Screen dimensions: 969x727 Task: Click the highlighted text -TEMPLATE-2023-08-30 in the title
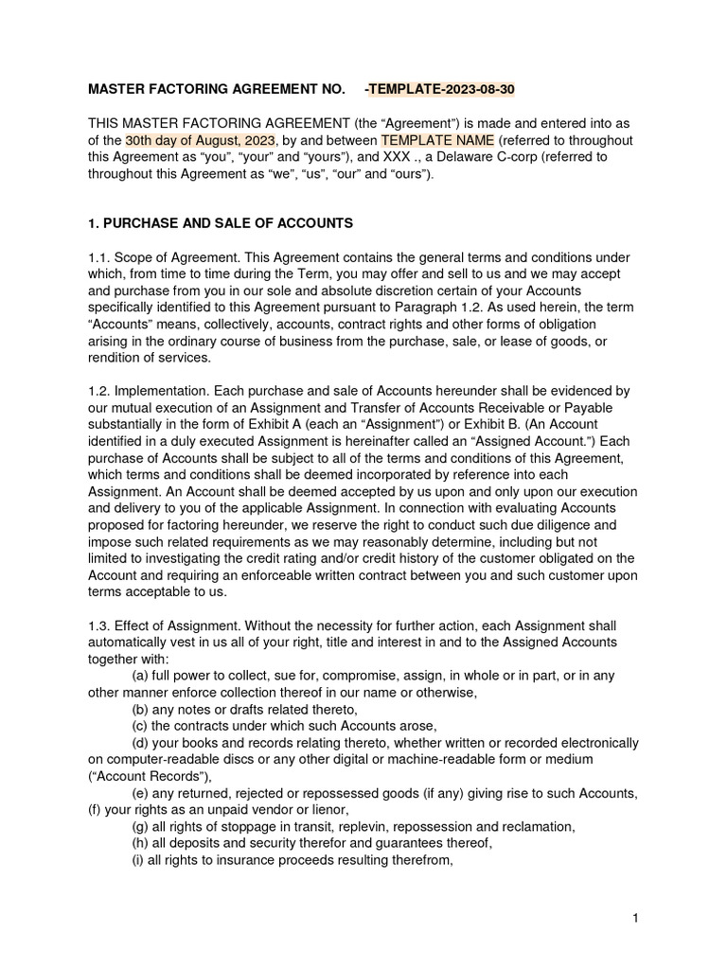[440, 90]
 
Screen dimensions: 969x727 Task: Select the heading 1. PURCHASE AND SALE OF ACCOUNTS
[221, 223]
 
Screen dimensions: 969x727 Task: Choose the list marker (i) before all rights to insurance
[137, 860]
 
